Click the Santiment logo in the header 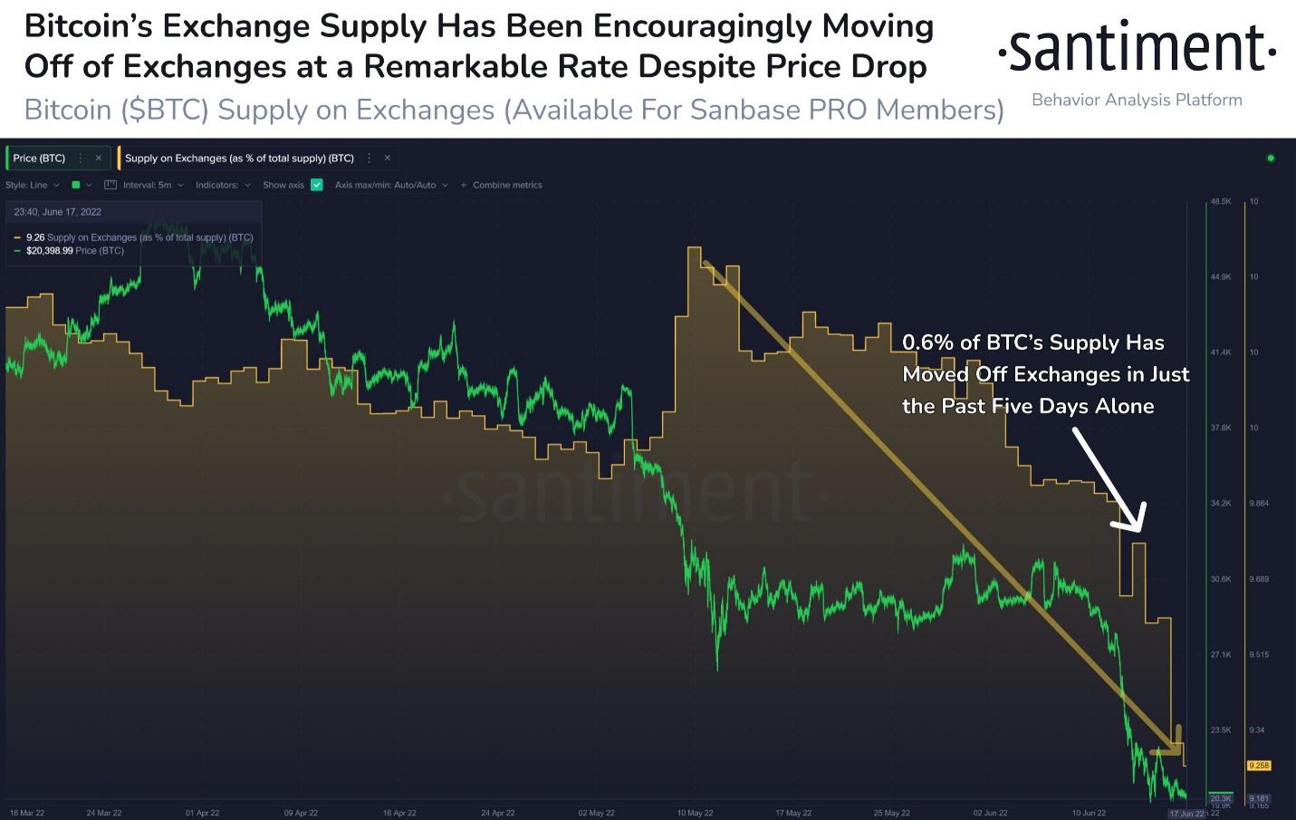[1137, 49]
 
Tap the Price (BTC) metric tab [39, 158]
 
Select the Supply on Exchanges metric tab [239, 158]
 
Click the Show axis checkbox [317, 185]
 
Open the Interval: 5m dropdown [147, 185]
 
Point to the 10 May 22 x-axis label [695, 813]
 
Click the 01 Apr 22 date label [202, 813]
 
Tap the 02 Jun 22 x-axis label [990, 813]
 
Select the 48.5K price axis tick [1220, 201]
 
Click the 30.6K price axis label [1220, 579]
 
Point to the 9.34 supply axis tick [1256, 729]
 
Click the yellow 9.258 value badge [1259, 766]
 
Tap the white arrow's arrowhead [1133, 521]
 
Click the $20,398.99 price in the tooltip [49, 251]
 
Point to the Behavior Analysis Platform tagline [1137, 100]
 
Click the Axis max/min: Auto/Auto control [386, 185]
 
